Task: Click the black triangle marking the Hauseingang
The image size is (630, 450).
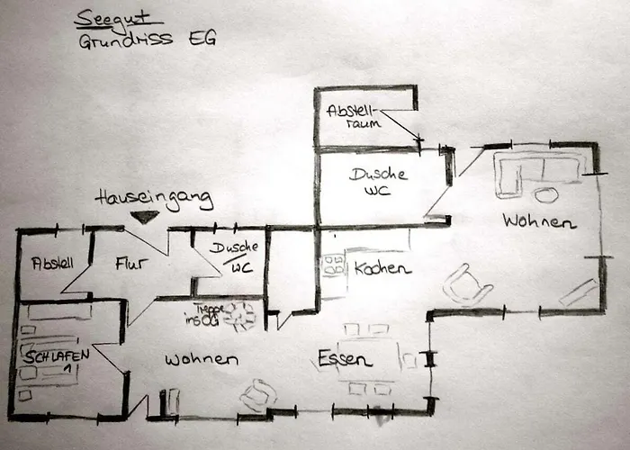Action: click(144, 217)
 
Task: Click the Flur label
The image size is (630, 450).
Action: click(130, 264)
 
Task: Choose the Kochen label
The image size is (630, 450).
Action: click(382, 268)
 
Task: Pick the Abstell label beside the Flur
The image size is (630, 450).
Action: click(52, 263)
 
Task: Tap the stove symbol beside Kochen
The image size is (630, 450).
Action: click(333, 265)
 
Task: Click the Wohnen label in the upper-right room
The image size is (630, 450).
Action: click(539, 220)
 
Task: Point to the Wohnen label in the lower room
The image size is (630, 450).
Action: click(202, 359)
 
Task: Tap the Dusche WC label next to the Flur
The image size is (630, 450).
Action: click(238, 256)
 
